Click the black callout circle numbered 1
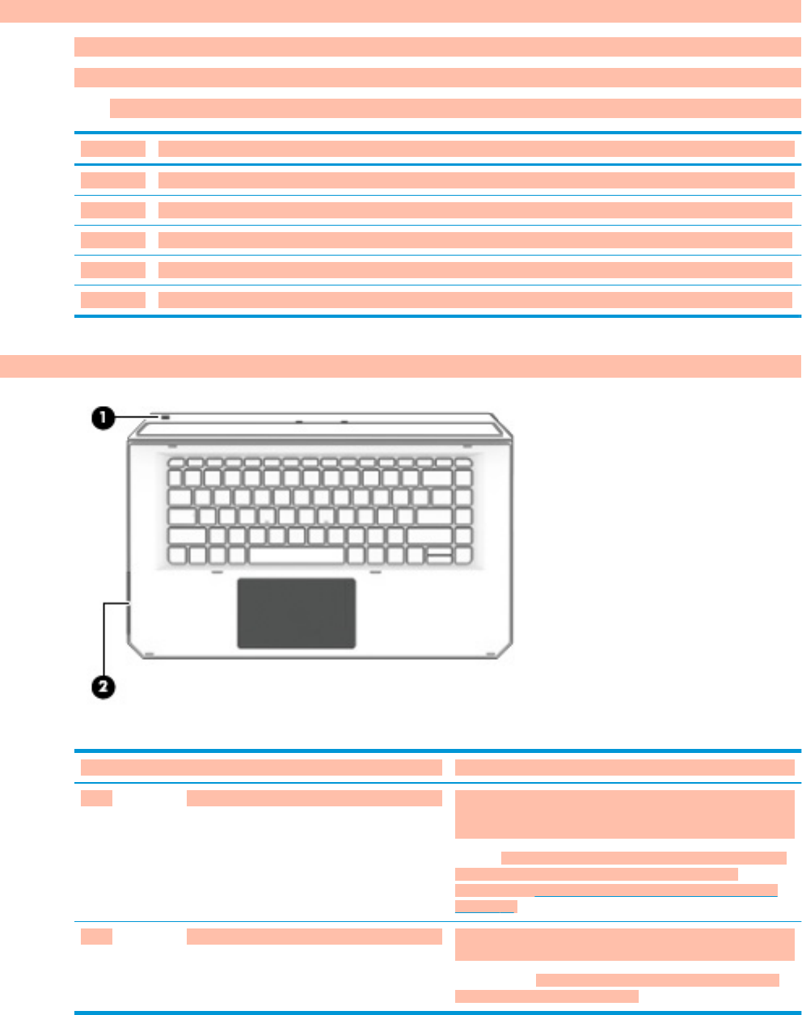(x=102, y=418)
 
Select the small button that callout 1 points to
(x=165, y=417)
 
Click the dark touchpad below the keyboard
(x=296, y=612)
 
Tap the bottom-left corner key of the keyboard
(x=178, y=555)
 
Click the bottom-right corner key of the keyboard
(x=463, y=555)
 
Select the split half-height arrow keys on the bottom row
(x=440, y=555)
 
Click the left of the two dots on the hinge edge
(x=298, y=421)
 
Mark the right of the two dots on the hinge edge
(x=344, y=421)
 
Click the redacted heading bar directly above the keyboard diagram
(x=400, y=366)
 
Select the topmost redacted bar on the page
(x=400, y=11)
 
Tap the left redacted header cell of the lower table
(x=261, y=768)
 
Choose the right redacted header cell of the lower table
(x=624, y=768)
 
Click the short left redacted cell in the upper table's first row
(x=113, y=149)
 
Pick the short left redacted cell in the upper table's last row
(x=113, y=300)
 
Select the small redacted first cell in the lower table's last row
(x=96, y=936)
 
